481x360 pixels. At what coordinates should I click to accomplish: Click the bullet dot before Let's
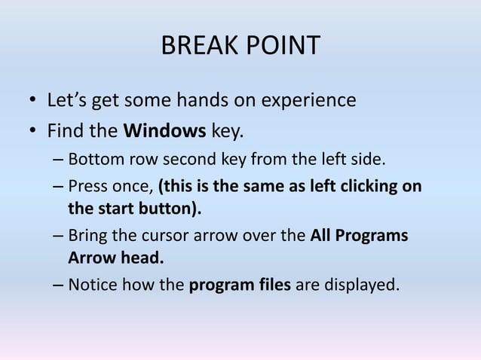34,102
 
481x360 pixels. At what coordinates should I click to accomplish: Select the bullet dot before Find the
34,133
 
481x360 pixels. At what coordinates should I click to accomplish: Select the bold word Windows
164,133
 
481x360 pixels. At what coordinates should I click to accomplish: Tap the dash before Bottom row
59,160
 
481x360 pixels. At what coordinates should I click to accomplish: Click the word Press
87,186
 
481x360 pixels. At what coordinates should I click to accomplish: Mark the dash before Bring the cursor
59,236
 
